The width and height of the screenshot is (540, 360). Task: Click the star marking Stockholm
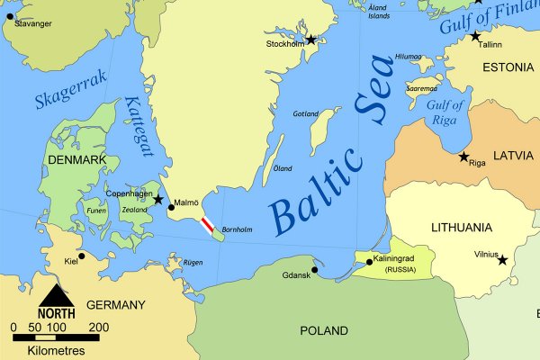tap(311, 40)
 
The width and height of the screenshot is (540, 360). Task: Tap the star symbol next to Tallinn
tap(476, 36)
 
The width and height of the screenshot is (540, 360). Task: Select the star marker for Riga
tap(464, 157)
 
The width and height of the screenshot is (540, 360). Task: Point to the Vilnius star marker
tap(503, 260)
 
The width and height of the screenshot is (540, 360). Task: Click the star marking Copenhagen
tap(158, 199)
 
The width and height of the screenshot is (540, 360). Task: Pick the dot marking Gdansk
tap(315, 269)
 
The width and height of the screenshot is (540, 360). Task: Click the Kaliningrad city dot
tap(369, 262)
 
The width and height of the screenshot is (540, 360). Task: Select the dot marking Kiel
tap(82, 256)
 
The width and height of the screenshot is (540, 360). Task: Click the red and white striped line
tap(207, 225)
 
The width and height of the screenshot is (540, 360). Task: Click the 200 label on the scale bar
tap(99, 327)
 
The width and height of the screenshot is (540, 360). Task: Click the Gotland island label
tap(306, 114)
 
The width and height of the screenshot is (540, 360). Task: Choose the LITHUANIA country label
tap(462, 227)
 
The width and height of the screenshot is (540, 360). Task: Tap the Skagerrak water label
tap(70, 91)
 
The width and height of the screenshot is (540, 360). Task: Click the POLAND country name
tap(324, 330)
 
